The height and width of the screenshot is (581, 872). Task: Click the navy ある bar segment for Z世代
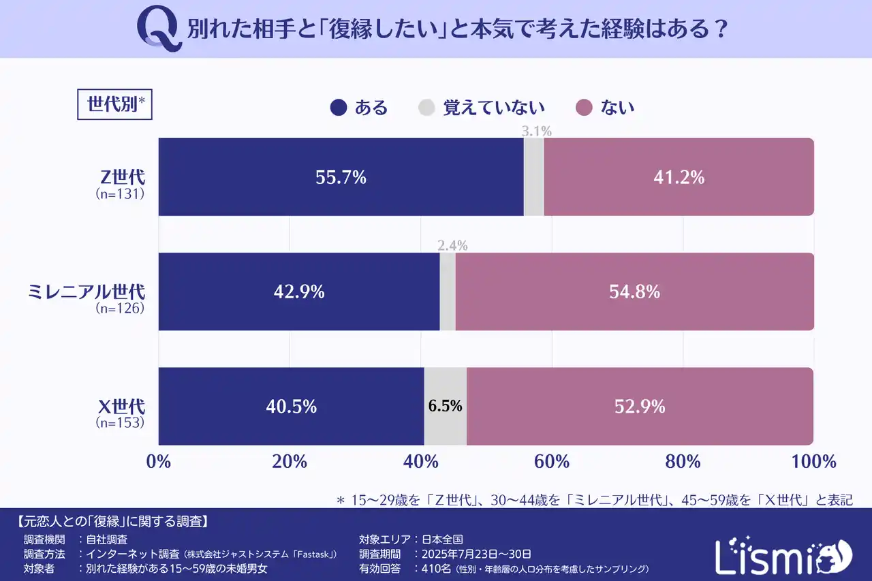(341, 177)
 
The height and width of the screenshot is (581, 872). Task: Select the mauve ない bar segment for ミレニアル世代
(634, 292)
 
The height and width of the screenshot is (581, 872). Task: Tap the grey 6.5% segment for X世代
(445, 406)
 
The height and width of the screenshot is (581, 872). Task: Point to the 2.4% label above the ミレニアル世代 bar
(452, 246)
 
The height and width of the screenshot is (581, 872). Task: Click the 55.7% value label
(341, 177)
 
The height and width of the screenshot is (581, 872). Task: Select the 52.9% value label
(639, 407)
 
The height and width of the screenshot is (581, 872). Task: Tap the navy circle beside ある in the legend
(339, 108)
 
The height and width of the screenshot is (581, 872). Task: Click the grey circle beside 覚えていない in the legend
(426, 108)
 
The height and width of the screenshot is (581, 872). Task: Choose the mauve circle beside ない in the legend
(584, 108)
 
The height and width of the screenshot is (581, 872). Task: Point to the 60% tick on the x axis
(552, 462)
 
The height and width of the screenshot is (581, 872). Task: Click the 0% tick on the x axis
(159, 462)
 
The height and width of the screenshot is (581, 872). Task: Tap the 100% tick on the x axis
(813, 462)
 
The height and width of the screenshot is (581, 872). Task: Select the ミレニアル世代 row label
(86, 291)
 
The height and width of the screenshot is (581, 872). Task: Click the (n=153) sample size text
(120, 422)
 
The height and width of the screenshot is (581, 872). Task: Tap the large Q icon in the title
(159, 30)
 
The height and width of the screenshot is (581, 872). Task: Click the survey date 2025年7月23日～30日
(476, 554)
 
